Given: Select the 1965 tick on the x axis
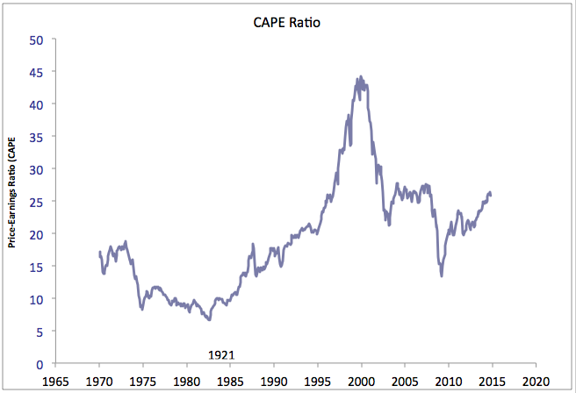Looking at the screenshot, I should click(55, 382).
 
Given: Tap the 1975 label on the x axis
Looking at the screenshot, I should click(143, 382).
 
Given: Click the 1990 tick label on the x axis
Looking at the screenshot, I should click(274, 382).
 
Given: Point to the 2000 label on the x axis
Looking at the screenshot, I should click(361, 382).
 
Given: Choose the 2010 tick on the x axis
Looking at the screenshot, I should click(448, 382).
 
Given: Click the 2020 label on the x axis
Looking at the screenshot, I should click(535, 382).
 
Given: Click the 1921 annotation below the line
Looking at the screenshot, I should click(221, 354).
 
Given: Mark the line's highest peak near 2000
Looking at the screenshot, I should click(360, 77).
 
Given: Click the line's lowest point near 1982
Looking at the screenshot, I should click(209, 319).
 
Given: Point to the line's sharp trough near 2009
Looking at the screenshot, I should click(442, 275).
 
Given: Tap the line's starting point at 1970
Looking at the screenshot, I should click(99, 253).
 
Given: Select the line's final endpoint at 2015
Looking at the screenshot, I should click(491, 195).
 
